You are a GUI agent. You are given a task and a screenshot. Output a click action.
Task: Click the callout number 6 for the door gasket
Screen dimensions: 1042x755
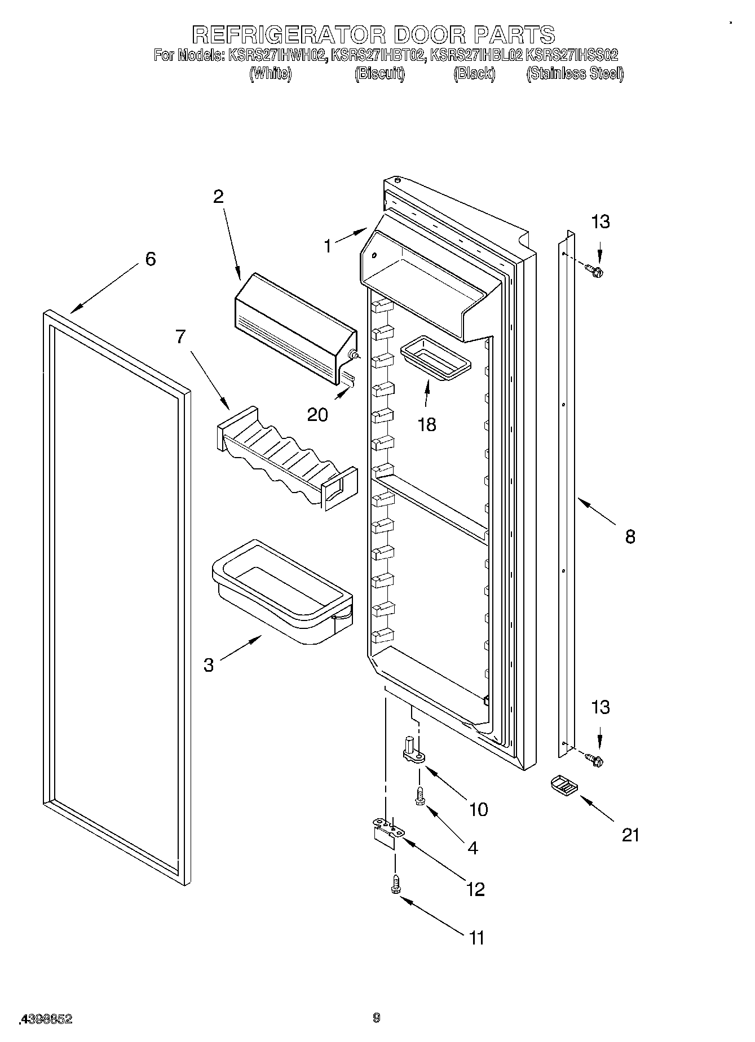click(x=150, y=259)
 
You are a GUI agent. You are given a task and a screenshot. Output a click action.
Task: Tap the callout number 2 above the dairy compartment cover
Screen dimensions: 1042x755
click(x=218, y=197)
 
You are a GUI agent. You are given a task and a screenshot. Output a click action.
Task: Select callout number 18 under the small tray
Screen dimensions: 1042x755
click(x=427, y=424)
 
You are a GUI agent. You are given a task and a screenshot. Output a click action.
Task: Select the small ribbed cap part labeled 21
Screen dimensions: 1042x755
click(x=563, y=785)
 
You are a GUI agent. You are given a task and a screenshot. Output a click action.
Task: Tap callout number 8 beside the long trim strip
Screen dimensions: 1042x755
click(x=630, y=536)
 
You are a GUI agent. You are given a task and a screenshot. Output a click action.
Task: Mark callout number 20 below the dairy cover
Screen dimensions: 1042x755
click(x=317, y=415)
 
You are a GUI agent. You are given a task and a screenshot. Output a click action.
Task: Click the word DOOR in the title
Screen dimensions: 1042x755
click(x=429, y=35)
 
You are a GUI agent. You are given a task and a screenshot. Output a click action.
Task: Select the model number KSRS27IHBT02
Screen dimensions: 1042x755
click(x=378, y=55)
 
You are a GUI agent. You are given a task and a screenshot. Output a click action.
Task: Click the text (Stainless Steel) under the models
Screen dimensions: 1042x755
click(x=575, y=74)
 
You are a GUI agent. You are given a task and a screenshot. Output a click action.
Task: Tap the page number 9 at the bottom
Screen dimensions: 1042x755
click(x=377, y=1017)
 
